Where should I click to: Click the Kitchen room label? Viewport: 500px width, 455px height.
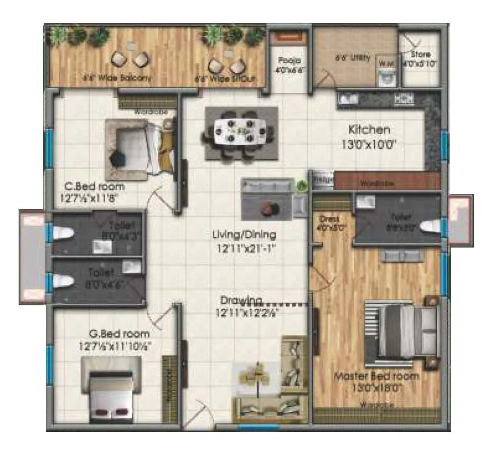tap(369, 130)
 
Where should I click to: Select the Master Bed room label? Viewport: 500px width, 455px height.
tap(376, 376)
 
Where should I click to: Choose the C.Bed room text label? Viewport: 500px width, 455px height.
tap(94, 187)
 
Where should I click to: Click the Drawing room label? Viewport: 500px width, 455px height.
tap(241, 301)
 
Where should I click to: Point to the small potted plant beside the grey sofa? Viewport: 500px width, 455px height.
tap(300, 186)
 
